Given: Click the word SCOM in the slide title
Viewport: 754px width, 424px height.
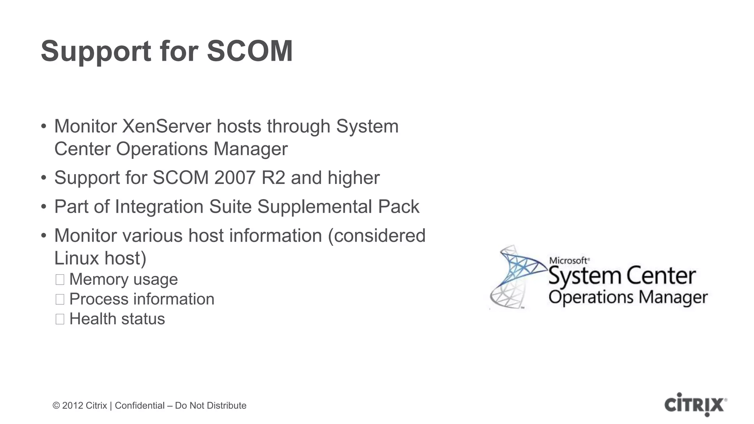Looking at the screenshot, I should pyautogui.click(x=250, y=51).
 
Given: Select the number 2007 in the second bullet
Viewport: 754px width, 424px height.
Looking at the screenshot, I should pyautogui.click(x=235, y=178).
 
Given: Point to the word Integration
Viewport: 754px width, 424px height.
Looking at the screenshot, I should pyautogui.click(x=159, y=206).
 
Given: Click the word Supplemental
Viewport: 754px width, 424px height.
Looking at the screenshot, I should pyautogui.click(x=315, y=206).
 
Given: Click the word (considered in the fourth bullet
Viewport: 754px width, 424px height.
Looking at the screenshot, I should pyautogui.click(x=377, y=236).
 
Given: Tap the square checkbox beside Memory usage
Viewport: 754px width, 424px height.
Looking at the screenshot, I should pyautogui.click(x=60, y=280).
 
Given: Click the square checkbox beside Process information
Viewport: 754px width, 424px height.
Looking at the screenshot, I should pyautogui.click(x=60, y=299).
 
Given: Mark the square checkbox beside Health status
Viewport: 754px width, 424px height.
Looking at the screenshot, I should pyautogui.click(x=60, y=319).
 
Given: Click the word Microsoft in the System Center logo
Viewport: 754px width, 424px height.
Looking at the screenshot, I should pyautogui.click(x=568, y=261).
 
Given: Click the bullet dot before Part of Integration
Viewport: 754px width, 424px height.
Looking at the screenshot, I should pyautogui.click(x=44, y=207).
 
